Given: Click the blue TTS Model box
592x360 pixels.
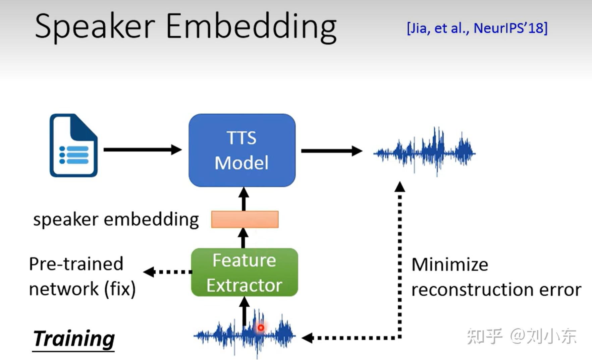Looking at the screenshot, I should [x=242, y=150].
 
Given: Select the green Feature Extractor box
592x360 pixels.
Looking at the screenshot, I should [x=244, y=272].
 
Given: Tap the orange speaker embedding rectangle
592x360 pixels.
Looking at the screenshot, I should [x=245, y=219].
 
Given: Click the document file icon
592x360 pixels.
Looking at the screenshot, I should [x=73, y=146].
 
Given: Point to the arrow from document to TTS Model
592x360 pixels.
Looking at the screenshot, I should [x=142, y=149].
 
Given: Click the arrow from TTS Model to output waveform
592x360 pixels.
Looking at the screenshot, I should [x=331, y=151].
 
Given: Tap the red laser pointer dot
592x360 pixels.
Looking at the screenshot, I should [x=261, y=327].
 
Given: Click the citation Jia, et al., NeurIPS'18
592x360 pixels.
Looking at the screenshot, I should [x=477, y=28].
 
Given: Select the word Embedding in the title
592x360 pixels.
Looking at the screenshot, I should [x=251, y=27].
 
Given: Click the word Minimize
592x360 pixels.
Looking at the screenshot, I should [x=449, y=265].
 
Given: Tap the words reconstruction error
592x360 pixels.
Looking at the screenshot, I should [x=496, y=290].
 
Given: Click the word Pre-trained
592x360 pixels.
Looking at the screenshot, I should [x=76, y=264].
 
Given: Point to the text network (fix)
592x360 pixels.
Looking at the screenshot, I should [x=82, y=289].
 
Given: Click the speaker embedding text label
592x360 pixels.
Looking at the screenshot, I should [x=116, y=220].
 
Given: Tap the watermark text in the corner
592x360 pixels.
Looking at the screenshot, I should [x=522, y=336].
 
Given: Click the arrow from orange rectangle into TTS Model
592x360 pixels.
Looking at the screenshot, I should [x=244, y=199].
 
